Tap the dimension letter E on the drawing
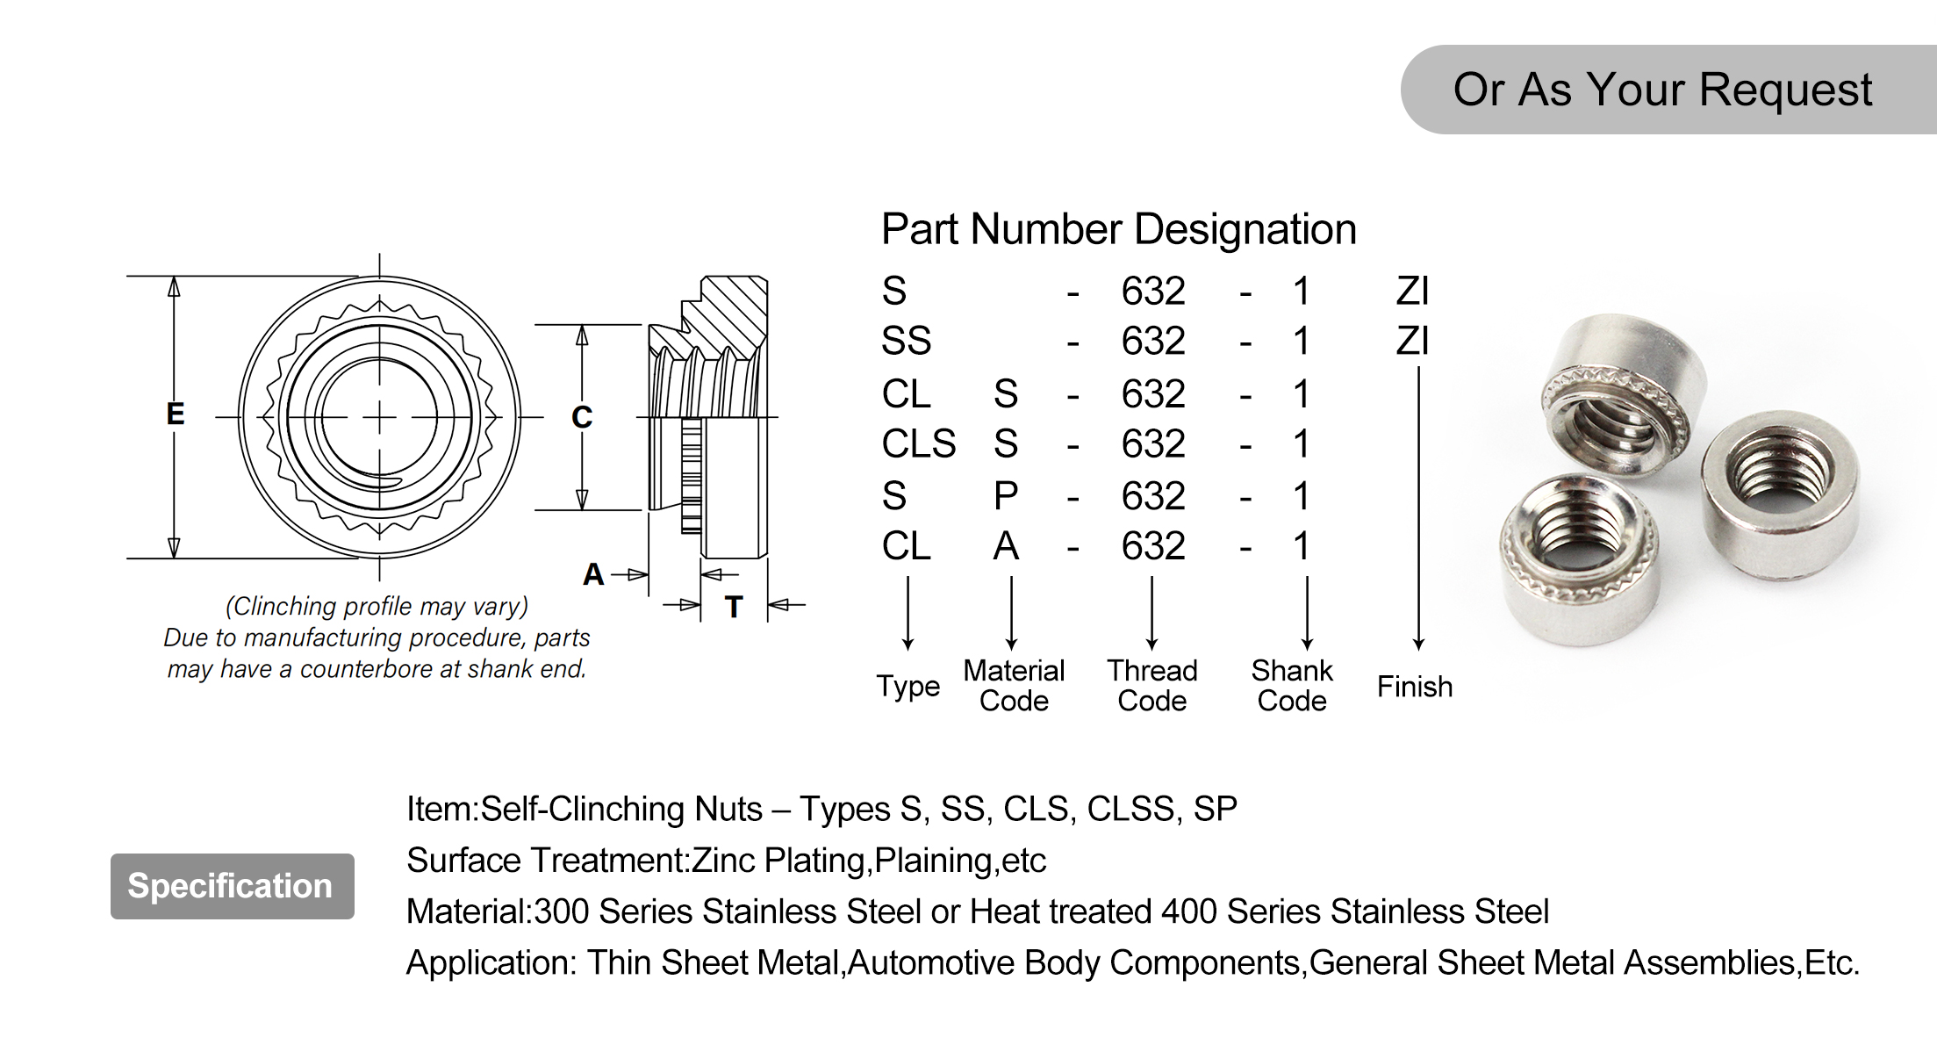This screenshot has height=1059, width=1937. [176, 414]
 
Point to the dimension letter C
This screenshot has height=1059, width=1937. [582, 417]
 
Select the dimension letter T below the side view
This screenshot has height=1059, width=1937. [734, 606]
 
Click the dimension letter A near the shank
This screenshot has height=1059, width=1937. [593, 575]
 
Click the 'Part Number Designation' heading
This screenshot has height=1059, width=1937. [1118, 229]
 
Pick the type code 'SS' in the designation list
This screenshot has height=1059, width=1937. [906, 341]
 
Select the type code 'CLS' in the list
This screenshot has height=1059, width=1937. [918, 443]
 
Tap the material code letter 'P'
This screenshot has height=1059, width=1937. [1006, 496]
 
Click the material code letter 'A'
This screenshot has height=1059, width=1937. [1006, 546]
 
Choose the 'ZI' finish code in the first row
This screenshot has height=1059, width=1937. [1412, 291]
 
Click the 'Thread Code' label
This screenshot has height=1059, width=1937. [1151, 686]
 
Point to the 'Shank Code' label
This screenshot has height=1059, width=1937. [1291, 686]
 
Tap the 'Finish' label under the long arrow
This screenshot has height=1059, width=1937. [1414, 687]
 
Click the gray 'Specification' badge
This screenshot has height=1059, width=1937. [232, 886]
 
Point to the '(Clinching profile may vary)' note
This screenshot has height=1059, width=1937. [377, 607]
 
